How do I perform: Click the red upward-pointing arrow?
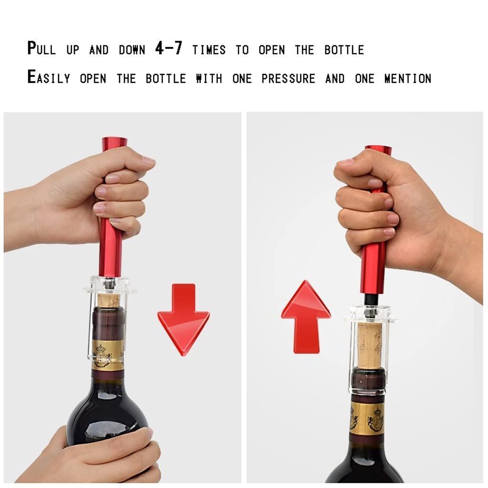306,317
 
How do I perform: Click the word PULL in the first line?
42,49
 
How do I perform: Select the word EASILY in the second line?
49,77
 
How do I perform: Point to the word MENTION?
408,79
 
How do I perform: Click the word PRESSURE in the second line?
288,79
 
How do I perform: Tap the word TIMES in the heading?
209,50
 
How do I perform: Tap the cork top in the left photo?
109,300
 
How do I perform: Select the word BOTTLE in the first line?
344,50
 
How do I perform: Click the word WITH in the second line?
209,79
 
